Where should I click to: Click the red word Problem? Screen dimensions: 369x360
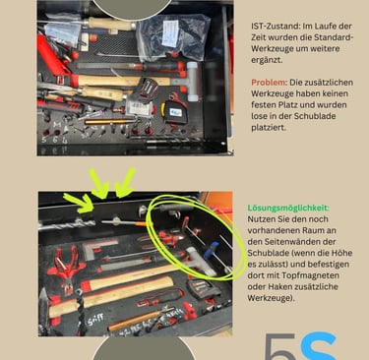269,82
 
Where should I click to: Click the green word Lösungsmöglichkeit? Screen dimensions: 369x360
288,208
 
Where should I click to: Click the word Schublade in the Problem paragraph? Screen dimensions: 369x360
315,116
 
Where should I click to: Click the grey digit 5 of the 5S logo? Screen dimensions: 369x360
280,347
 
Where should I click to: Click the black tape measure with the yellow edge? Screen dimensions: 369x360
175,110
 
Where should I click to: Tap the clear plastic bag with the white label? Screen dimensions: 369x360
173,35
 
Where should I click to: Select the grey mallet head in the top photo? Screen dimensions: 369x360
193,78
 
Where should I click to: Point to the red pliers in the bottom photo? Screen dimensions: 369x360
66,267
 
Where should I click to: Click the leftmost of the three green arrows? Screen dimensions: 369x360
79,204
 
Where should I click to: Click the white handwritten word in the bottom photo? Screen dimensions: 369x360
95,319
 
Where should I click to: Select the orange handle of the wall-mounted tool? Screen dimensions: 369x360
144,224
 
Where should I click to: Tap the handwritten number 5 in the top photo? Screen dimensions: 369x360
44,140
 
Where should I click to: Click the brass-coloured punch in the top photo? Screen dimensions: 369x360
107,122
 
